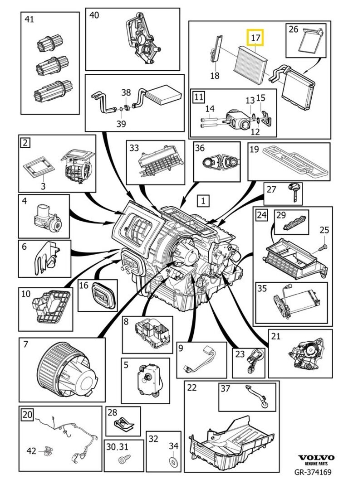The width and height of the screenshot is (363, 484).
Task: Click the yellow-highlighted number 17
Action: tap(255, 39)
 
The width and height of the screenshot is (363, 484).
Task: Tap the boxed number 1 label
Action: tap(203, 200)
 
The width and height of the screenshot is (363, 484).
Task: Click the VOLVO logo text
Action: tap(316, 458)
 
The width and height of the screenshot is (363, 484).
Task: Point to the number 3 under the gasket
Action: tap(43, 186)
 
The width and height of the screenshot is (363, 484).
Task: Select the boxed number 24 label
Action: tap(261, 215)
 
